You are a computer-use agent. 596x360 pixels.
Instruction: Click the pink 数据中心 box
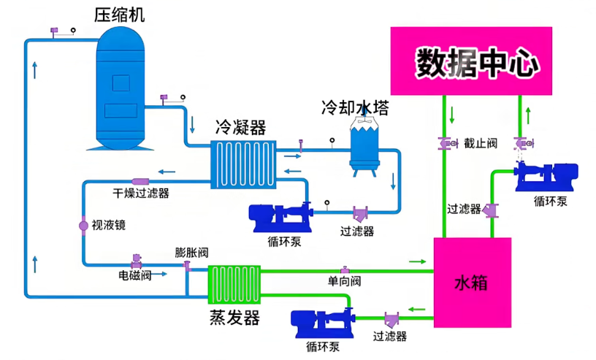[x=471, y=61]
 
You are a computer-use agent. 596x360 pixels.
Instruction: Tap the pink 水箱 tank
[x=473, y=283]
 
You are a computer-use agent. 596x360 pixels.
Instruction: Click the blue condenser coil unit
[x=244, y=164]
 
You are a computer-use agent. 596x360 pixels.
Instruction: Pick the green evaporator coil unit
[x=234, y=285]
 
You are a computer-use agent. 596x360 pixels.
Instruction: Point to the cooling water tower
[x=364, y=146]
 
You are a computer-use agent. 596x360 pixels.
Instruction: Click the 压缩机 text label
[x=119, y=15]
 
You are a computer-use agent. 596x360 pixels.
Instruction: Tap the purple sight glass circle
[x=83, y=226]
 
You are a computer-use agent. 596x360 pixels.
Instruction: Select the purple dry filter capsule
[x=140, y=182]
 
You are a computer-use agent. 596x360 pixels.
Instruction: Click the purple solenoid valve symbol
[x=136, y=261]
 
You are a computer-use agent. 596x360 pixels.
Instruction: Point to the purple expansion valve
[x=187, y=265]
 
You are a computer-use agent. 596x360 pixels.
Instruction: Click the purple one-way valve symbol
[x=345, y=270]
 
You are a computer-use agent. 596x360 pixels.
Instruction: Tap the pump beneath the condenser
[x=281, y=218]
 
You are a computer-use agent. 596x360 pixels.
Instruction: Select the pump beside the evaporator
[x=323, y=323]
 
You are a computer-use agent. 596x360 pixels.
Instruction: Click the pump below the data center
[x=546, y=177]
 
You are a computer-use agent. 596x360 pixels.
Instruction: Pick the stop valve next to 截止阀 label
[x=448, y=144]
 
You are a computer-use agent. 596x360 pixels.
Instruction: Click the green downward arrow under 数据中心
[x=452, y=115]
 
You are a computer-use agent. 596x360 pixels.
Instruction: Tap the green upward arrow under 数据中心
[x=528, y=115]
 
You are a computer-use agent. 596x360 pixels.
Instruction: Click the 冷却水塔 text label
[x=355, y=108]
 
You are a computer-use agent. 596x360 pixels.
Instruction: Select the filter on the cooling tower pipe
[x=360, y=214]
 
